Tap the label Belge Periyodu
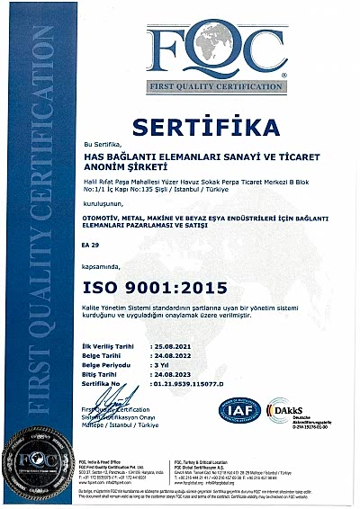(x=109, y=365)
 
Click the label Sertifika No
(x=103, y=385)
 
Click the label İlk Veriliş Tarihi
(x=110, y=345)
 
